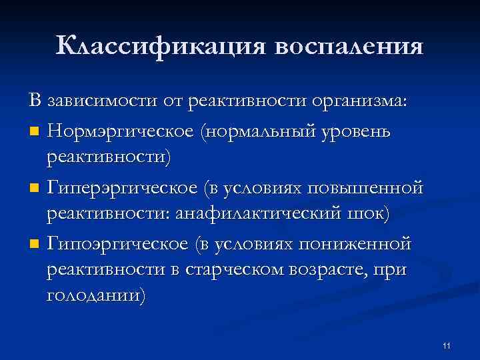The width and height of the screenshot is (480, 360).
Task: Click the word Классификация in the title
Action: point(161,46)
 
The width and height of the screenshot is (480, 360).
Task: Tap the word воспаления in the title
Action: point(348,46)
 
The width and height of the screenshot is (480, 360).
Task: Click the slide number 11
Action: point(446,345)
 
